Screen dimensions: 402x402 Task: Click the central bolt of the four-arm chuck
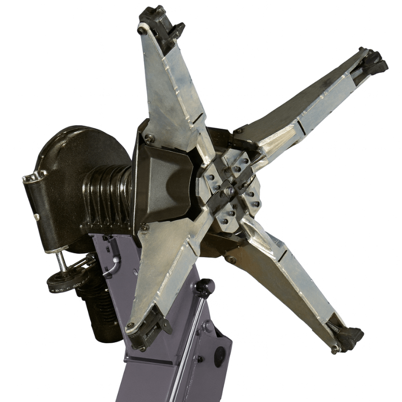[x=229, y=190]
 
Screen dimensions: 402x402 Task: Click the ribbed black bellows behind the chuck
[x=108, y=193]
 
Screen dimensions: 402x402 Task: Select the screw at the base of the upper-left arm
[x=149, y=138]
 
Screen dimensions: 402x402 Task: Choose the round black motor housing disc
[x=80, y=166]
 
